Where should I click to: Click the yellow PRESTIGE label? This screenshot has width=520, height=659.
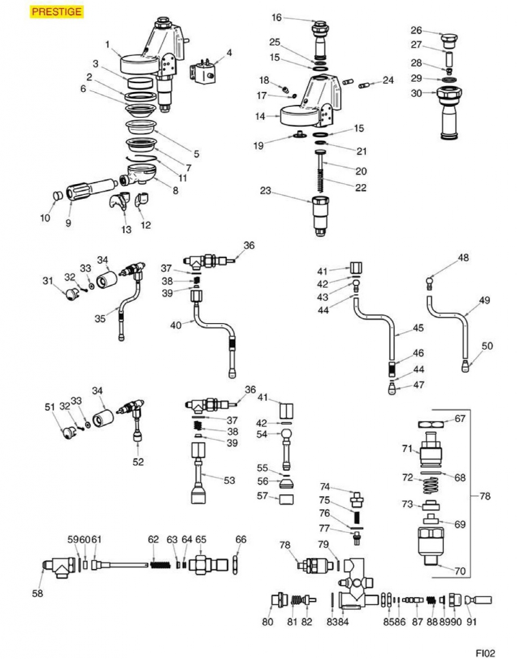57,12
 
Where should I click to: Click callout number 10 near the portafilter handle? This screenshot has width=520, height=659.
45,218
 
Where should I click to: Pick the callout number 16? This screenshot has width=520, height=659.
276,17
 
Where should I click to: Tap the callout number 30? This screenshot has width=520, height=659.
416,93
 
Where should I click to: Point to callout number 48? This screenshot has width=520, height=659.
463,258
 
